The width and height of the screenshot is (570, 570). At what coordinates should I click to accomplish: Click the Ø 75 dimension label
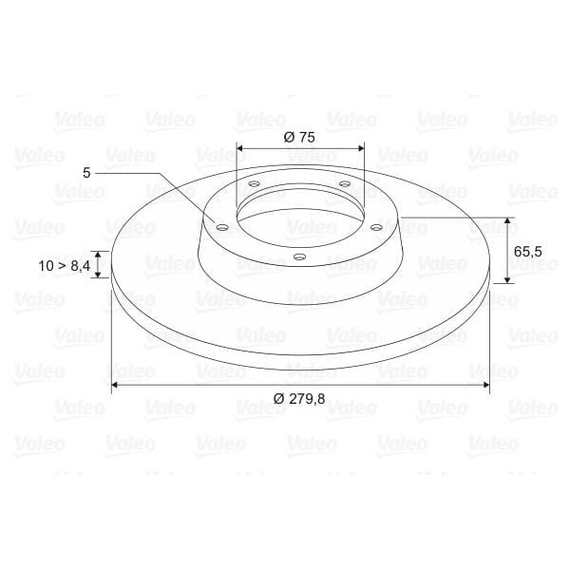(299, 137)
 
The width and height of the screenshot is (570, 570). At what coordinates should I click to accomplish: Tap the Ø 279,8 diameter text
(299, 399)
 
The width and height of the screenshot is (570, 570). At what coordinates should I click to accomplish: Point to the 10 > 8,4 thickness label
(65, 267)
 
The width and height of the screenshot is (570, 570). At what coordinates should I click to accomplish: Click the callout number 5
(86, 173)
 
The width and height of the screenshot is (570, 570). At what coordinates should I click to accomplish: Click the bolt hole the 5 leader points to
(221, 228)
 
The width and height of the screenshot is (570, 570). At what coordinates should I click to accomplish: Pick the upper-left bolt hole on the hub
(254, 184)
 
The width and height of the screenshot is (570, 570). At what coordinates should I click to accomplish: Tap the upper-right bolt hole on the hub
(344, 184)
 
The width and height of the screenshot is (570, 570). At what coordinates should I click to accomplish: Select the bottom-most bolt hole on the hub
(299, 256)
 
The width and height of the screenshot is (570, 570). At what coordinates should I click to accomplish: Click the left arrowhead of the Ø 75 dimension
(239, 148)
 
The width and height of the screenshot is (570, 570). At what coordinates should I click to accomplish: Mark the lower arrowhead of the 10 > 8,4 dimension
(99, 276)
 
